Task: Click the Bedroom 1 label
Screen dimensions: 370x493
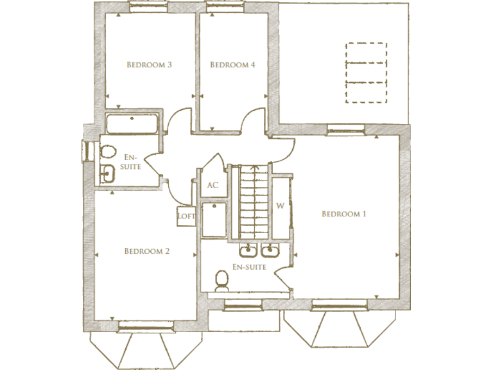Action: point(343,214)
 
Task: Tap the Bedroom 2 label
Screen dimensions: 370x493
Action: point(146,251)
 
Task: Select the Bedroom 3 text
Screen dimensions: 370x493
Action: point(149,65)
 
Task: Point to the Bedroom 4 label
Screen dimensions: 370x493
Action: point(232,65)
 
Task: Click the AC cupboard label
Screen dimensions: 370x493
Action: point(212,186)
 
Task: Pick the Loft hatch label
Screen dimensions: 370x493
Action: point(186,216)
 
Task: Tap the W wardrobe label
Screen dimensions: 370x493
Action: point(280,206)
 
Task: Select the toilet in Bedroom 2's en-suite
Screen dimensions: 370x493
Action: point(107,153)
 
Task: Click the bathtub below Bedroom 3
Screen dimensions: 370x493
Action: point(132,124)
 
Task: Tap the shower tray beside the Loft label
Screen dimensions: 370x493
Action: point(213,220)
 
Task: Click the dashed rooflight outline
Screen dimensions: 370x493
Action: point(367,73)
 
